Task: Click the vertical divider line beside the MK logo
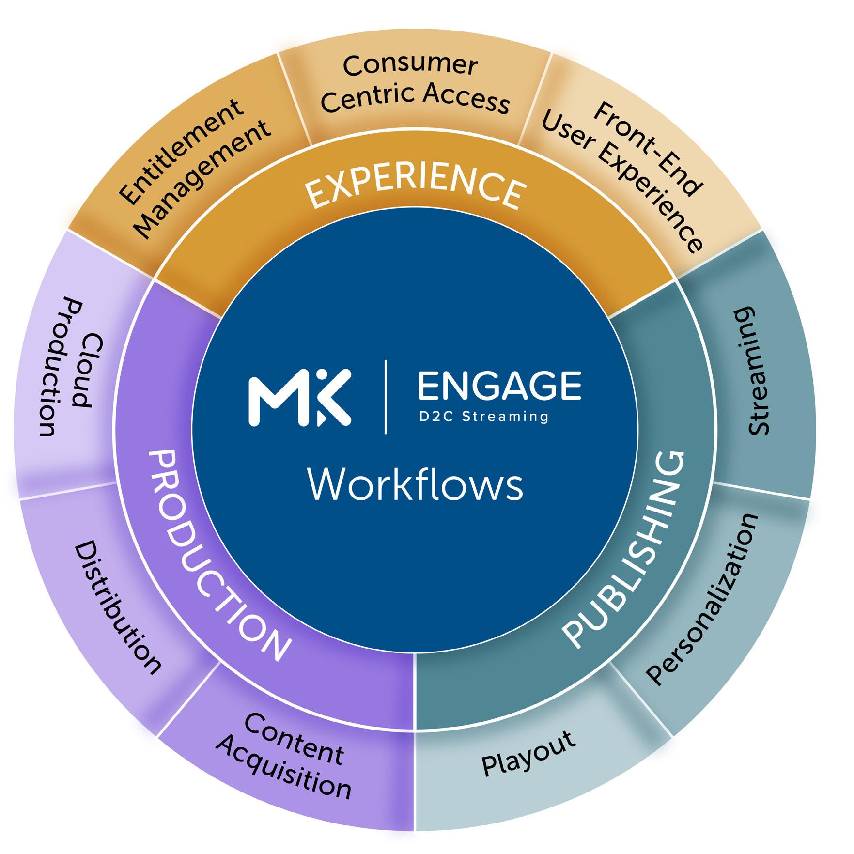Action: tap(386, 397)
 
